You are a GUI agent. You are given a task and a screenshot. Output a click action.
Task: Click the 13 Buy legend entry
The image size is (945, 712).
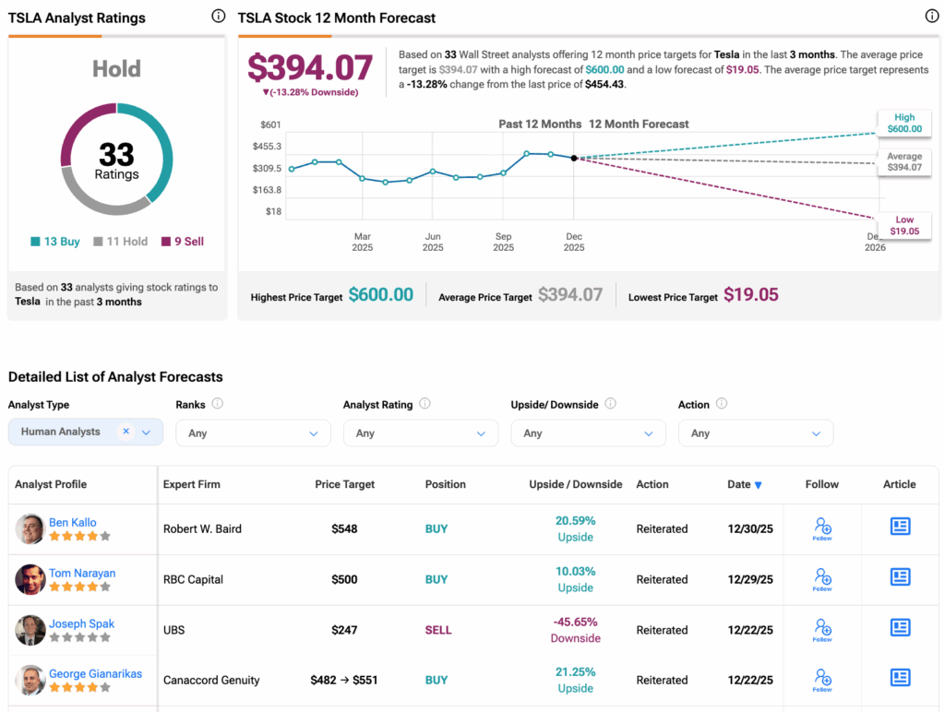click(55, 242)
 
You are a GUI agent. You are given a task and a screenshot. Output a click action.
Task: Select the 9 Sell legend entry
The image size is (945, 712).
click(183, 242)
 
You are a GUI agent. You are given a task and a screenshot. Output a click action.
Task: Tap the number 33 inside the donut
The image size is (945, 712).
click(116, 153)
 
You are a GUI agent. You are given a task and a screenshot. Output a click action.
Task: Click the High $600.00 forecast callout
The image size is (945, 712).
click(903, 123)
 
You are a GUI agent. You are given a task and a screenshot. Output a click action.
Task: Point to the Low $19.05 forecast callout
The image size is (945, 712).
click(903, 225)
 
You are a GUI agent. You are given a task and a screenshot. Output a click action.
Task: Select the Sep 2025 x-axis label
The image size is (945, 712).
click(503, 242)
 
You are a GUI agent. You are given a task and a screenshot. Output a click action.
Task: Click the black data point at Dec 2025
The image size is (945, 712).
click(574, 159)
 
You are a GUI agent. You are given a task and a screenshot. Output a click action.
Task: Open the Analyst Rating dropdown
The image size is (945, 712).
click(420, 433)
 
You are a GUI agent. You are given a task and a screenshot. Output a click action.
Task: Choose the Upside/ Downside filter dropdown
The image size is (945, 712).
click(588, 433)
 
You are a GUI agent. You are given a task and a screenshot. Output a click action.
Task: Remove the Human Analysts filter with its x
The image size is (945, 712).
click(126, 432)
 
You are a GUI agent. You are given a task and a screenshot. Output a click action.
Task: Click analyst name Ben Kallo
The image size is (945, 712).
click(73, 523)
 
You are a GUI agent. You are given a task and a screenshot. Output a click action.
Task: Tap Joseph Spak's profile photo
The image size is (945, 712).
click(30, 631)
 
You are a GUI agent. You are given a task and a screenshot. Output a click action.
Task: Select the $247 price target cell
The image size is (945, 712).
click(344, 630)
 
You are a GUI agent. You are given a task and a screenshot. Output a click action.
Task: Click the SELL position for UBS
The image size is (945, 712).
click(438, 630)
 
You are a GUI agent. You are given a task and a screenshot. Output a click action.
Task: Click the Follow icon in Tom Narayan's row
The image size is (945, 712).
click(822, 579)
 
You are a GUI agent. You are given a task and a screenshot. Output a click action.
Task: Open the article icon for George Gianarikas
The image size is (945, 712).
click(900, 678)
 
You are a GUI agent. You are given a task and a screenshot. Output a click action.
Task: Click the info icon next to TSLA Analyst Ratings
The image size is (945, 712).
click(219, 16)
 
